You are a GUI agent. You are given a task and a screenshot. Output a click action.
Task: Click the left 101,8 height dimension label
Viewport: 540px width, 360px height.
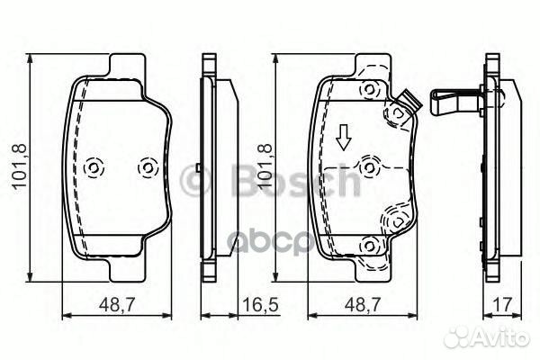pos(19,166)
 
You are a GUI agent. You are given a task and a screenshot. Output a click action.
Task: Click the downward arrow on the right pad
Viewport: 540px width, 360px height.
pos(343,138)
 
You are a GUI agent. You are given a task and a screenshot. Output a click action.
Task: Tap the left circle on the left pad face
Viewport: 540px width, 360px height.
pos(94,168)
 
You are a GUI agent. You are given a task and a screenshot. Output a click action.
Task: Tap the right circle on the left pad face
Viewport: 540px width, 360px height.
pos(148,168)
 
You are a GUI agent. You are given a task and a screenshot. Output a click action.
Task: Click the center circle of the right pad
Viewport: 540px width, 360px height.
pos(369,168)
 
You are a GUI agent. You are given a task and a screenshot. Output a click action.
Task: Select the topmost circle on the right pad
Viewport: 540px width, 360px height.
pos(369,90)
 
